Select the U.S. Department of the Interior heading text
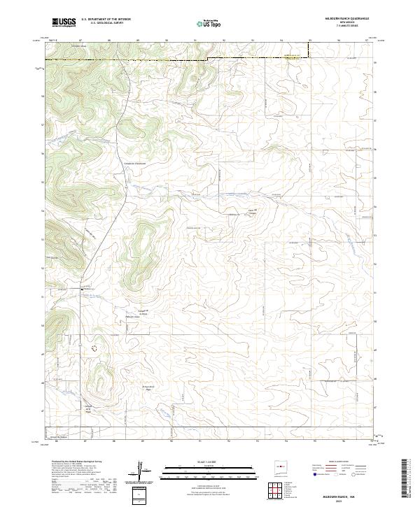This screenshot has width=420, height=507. click(106, 19)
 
